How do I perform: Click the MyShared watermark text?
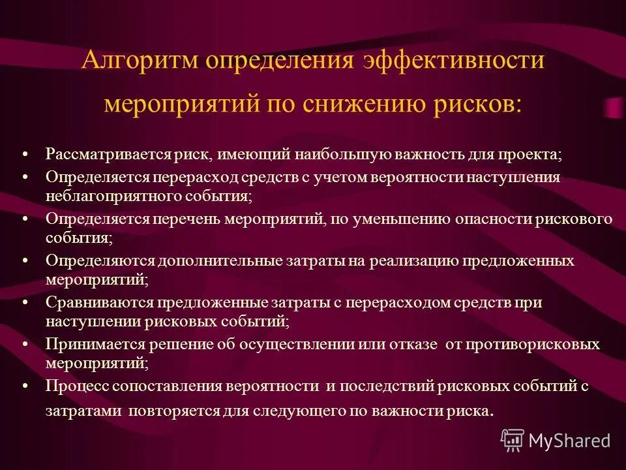(x=569, y=441)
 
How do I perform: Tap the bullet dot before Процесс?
(x=25, y=386)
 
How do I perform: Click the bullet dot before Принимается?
(x=25, y=344)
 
